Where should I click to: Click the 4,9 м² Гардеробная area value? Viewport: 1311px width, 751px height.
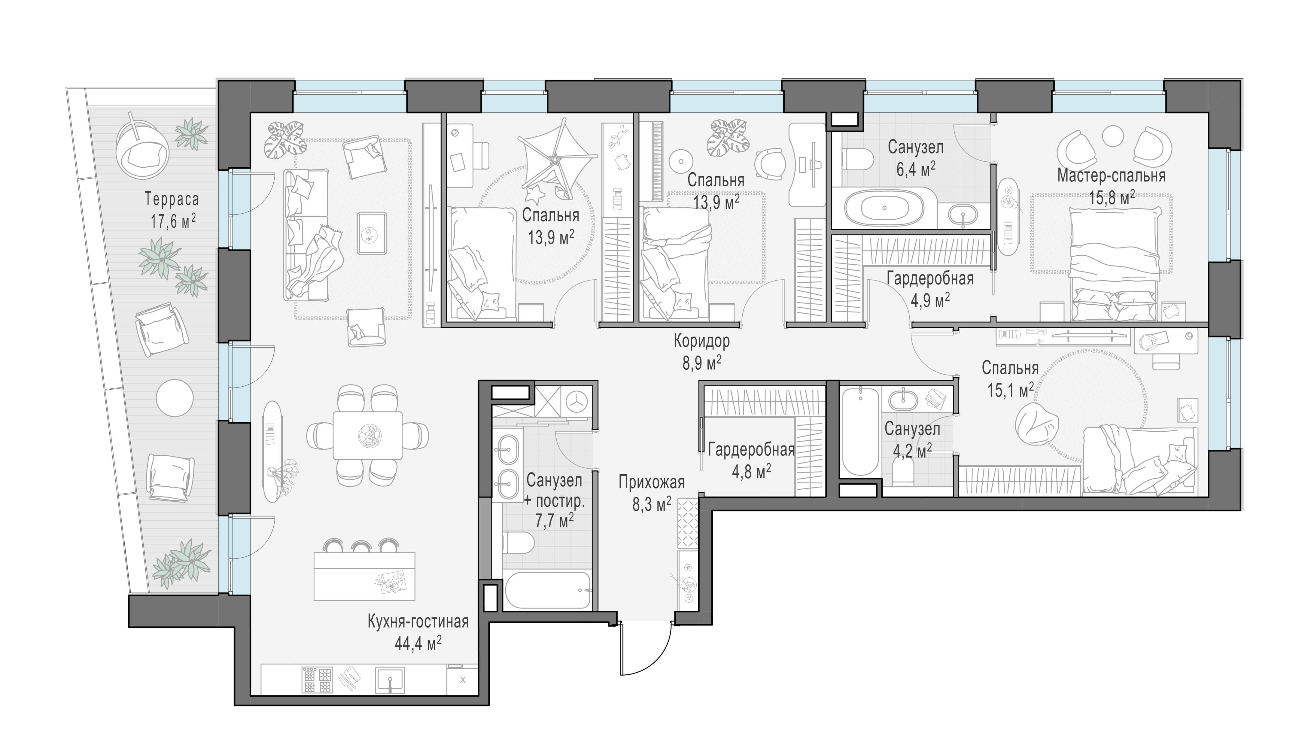930,300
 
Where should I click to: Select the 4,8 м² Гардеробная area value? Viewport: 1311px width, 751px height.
751,471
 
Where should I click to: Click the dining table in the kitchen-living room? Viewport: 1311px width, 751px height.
367,435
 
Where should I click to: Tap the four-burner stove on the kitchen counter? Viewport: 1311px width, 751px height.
317,681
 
